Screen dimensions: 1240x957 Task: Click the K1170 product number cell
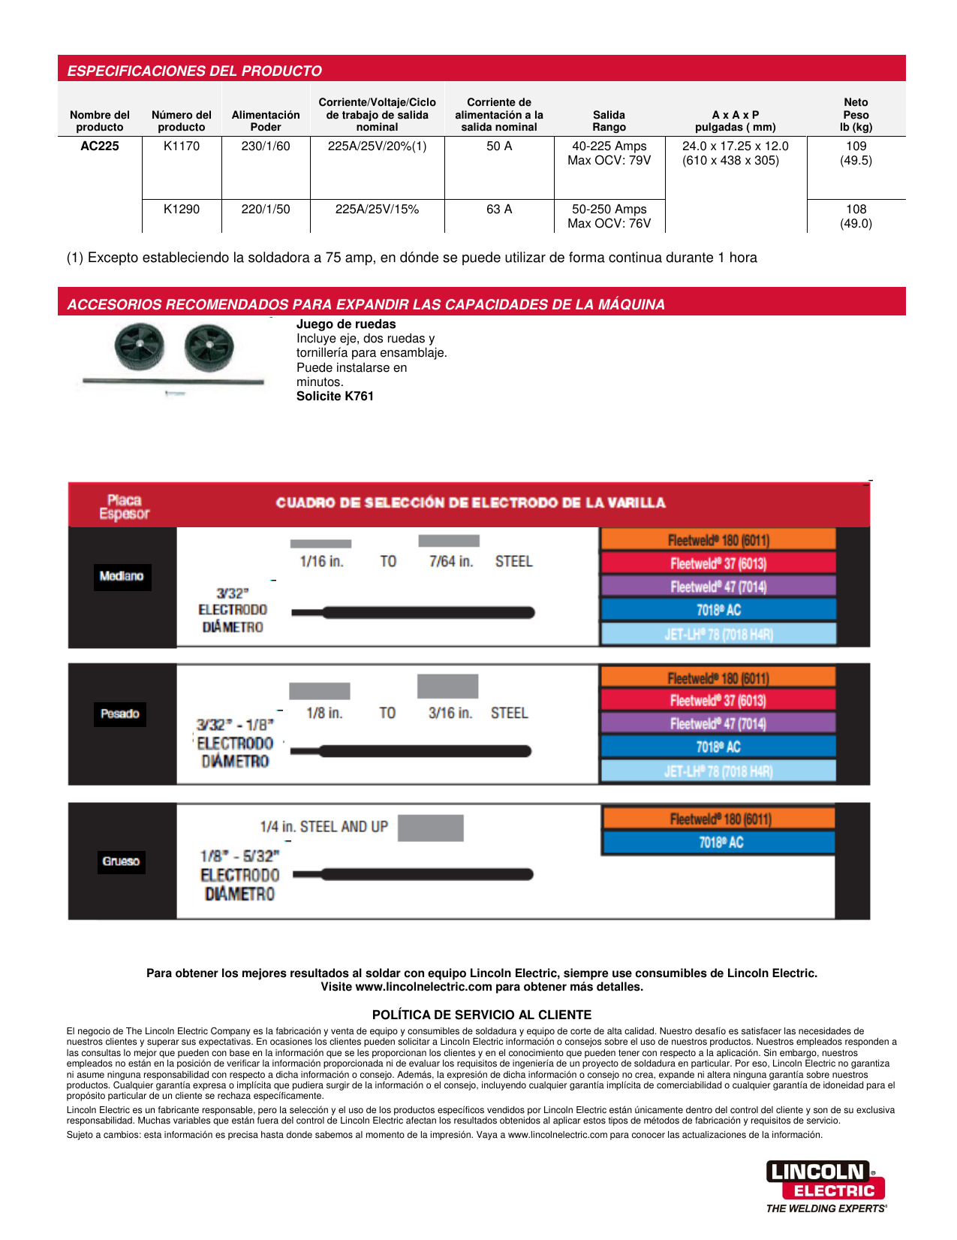click(182, 146)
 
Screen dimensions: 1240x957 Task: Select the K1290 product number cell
click(182, 210)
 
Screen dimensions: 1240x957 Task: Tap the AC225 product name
click(100, 146)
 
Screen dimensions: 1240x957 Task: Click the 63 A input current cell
click(499, 210)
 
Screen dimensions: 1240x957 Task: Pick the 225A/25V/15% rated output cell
click(377, 210)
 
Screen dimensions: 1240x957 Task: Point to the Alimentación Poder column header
click(266, 121)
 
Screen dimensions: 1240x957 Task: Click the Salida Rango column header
click(609, 121)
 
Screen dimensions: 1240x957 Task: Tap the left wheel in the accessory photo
click(140, 346)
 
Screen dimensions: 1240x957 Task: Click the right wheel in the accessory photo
click(209, 348)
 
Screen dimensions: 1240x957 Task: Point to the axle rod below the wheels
click(173, 382)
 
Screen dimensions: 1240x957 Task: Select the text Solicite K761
click(335, 397)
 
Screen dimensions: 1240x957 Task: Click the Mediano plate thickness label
click(122, 576)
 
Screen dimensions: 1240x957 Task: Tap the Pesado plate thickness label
click(120, 714)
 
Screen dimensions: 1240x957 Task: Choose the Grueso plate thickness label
click(121, 861)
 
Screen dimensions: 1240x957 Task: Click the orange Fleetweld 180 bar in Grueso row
click(719, 819)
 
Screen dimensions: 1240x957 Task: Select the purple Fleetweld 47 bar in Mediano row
click(718, 587)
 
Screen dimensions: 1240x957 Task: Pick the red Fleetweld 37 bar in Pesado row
click(718, 701)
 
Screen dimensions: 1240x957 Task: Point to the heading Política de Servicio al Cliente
click(482, 1015)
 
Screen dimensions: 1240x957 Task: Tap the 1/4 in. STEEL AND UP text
click(324, 827)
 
